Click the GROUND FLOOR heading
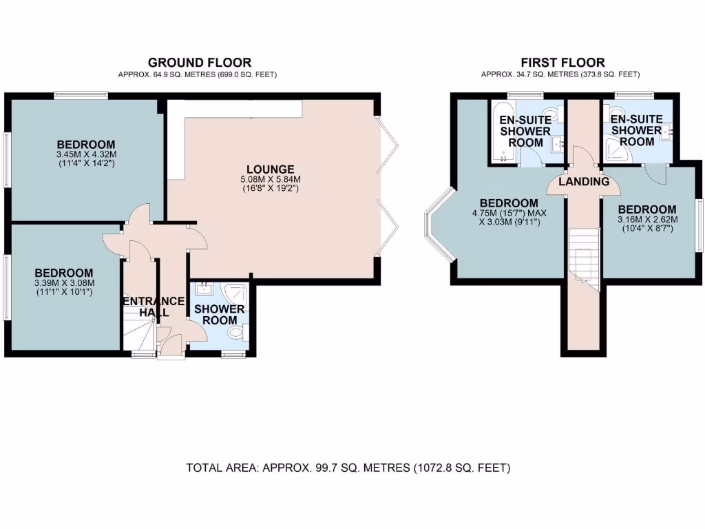199,63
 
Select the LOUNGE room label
271,169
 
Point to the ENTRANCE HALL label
154,307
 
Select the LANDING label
584,182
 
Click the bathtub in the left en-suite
501,131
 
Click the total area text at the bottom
348,468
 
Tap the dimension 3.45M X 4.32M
86,154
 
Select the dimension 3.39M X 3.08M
64,283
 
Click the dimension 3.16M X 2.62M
646,220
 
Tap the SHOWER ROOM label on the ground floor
219,314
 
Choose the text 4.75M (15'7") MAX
508,214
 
